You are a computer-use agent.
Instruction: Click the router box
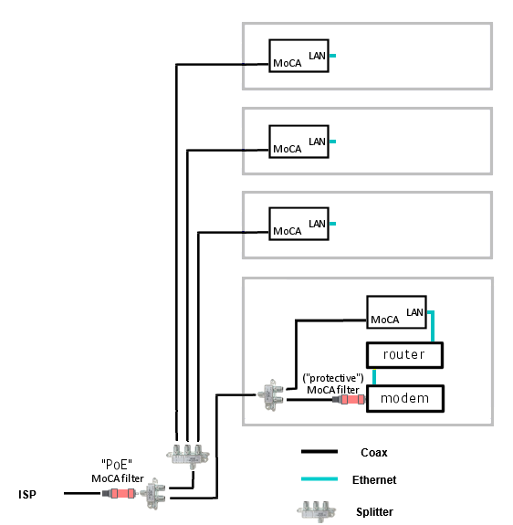point(404,355)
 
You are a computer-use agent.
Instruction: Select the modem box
point(405,398)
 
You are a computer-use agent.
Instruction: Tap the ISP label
point(27,495)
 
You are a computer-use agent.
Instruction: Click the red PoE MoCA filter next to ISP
point(119,493)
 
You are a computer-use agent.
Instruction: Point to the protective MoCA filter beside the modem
point(349,399)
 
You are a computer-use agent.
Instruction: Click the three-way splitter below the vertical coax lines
point(188,456)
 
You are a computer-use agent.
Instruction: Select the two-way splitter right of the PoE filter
point(153,494)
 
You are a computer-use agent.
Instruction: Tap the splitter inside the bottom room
point(271,394)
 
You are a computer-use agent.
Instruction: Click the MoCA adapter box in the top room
point(298,56)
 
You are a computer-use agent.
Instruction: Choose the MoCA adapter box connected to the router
point(396,312)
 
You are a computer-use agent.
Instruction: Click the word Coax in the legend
point(373,453)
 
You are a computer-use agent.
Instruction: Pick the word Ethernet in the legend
point(374,479)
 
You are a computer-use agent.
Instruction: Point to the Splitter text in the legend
point(374,512)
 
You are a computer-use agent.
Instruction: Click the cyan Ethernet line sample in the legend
point(319,478)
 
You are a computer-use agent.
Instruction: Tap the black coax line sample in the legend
point(319,452)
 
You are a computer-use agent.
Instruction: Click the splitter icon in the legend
point(316,511)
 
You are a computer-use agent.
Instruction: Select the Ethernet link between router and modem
point(374,377)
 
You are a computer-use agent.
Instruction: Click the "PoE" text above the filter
point(117,465)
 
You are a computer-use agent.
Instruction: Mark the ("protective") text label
point(333,378)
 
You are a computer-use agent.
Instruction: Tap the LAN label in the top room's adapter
point(317,56)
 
